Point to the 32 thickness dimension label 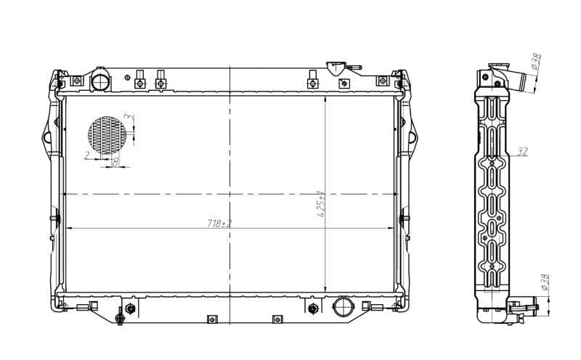pyautogui.click(x=522, y=152)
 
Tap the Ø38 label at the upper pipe pyautogui.click(x=536, y=62)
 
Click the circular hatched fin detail pyautogui.click(x=107, y=136)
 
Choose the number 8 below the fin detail pyautogui.click(x=115, y=163)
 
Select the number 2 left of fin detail pyautogui.click(x=87, y=155)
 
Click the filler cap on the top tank pyautogui.click(x=338, y=68)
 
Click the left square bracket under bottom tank pyautogui.click(x=211, y=319)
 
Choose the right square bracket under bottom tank pyautogui.click(x=276, y=319)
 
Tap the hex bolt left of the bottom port pyautogui.click(x=313, y=308)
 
